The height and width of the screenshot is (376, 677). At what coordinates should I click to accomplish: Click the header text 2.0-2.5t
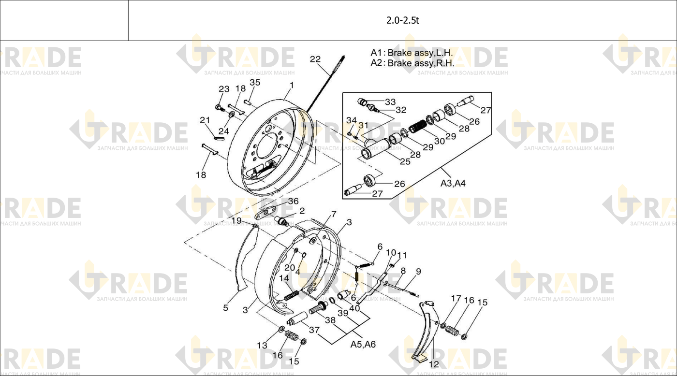(x=402, y=20)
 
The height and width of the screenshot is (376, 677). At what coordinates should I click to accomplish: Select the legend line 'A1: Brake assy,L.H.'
(x=412, y=53)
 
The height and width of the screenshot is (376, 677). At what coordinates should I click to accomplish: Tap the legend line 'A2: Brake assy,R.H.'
(x=412, y=63)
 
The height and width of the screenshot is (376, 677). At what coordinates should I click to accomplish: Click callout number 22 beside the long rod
(x=315, y=59)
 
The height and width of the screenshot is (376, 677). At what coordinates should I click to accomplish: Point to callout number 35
(x=255, y=83)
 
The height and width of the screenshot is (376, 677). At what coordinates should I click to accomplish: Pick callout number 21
(x=205, y=120)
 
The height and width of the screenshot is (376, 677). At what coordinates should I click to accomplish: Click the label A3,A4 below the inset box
(x=453, y=183)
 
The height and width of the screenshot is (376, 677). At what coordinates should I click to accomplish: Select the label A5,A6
(x=363, y=344)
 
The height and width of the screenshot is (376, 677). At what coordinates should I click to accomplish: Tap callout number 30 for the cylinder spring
(x=440, y=141)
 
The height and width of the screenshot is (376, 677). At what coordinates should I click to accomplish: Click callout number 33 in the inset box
(x=390, y=102)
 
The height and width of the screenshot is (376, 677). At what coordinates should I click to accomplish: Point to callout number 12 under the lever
(x=434, y=364)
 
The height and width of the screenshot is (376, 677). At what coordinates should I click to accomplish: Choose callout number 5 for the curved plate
(x=225, y=308)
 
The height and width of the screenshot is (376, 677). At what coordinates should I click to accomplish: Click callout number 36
(x=293, y=201)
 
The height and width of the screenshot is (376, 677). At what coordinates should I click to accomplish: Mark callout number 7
(x=334, y=214)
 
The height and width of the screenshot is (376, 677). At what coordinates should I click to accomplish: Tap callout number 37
(x=314, y=330)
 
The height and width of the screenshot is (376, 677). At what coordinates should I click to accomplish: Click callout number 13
(x=262, y=346)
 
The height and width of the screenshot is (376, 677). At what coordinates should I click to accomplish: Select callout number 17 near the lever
(x=456, y=299)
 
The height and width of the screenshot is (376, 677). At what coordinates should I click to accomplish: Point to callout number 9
(x=418, y=272)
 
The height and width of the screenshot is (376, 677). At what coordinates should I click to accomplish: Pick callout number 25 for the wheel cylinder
(x=405, y=161)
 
